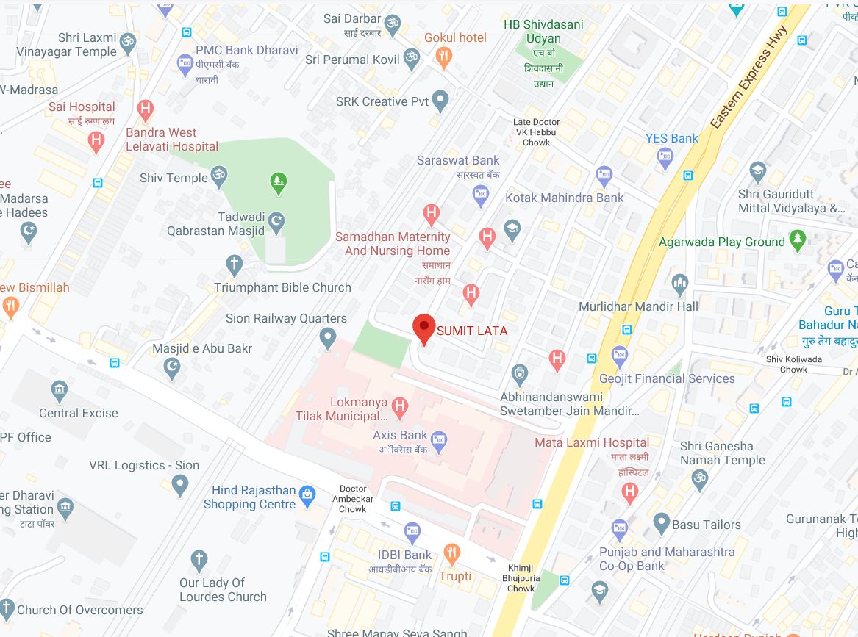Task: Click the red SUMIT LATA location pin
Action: click(x=423, y=328)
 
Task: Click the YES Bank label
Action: click(x=672, y=137)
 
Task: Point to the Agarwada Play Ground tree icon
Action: click(x=797, y=240)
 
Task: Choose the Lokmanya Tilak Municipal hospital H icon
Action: click(x=400, y=404)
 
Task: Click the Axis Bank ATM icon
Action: click(x=440, y=442)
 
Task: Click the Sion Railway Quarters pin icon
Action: click(x=329, y=339)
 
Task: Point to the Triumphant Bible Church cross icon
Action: click(x=235, y=264)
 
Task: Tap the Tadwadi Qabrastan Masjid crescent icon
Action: click(x=277, y=222)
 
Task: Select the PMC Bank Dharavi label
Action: click(x=246, y=50)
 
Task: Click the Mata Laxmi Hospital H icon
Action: click(x=629, y=492)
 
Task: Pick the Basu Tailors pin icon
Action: click(x=660, y=525)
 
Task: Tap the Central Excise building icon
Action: click(x=60, y=389)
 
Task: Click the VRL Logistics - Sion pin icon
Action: click(x=179, y=485)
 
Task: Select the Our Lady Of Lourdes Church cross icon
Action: click(x=199, y=561)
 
